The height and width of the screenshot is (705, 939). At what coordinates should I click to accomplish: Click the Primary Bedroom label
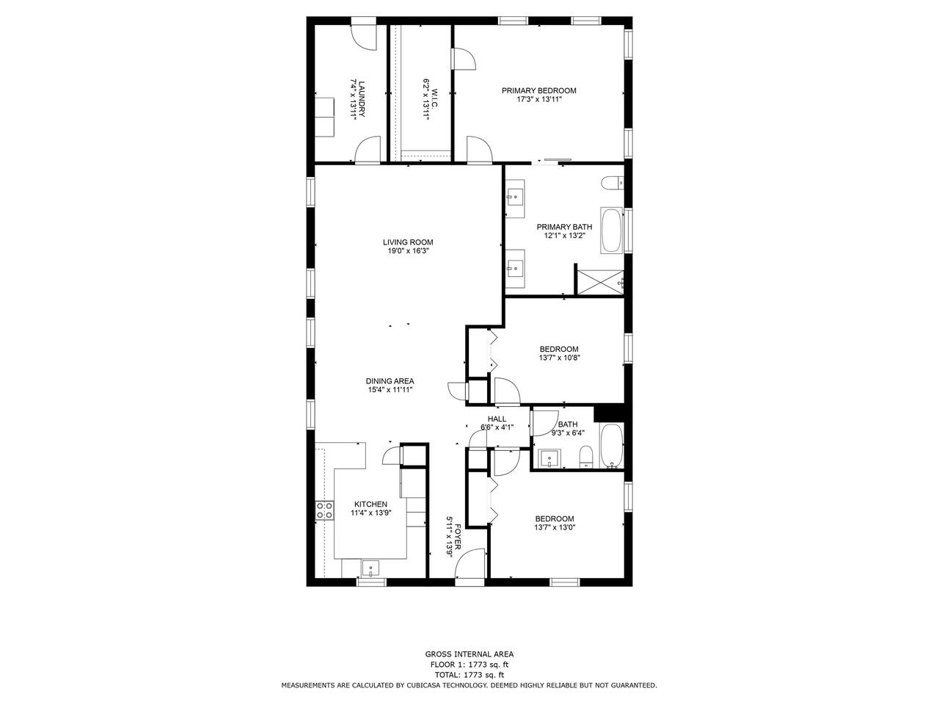tap(538, 90)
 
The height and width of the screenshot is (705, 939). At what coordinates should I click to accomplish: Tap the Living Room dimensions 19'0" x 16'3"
tap(408, 251)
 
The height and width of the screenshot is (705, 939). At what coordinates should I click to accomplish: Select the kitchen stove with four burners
tap(324, 510)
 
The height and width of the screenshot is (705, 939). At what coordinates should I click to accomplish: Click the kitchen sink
tap(370, 569)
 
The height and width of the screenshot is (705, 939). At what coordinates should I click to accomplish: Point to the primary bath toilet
tap(612, 184)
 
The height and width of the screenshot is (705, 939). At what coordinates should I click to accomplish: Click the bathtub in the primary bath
tap(612, 231)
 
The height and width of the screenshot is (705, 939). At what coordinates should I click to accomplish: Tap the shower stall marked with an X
tap(601, 282)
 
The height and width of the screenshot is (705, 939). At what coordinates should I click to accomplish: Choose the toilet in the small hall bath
tap(585, 458)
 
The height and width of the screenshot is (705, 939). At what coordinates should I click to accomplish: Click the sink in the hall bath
tap(549, 458)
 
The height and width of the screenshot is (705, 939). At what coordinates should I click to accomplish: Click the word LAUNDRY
tap(362, 99)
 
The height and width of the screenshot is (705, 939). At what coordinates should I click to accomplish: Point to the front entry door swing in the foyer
tap(469, 563)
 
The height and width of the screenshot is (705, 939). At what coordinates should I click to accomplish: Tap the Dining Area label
tap(390, 381)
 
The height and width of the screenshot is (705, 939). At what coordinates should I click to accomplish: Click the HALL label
tap(497, 419)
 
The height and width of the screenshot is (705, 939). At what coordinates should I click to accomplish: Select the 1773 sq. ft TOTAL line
tap(469, 675)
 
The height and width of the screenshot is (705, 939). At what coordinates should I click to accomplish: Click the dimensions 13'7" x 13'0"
tap(555, 527)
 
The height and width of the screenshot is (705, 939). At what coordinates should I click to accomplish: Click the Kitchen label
tap(370, 505)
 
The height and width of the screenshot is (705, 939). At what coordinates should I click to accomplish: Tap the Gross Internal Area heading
tap(469, 654)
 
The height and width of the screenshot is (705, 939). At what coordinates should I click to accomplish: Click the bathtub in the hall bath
tap(612, 446)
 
